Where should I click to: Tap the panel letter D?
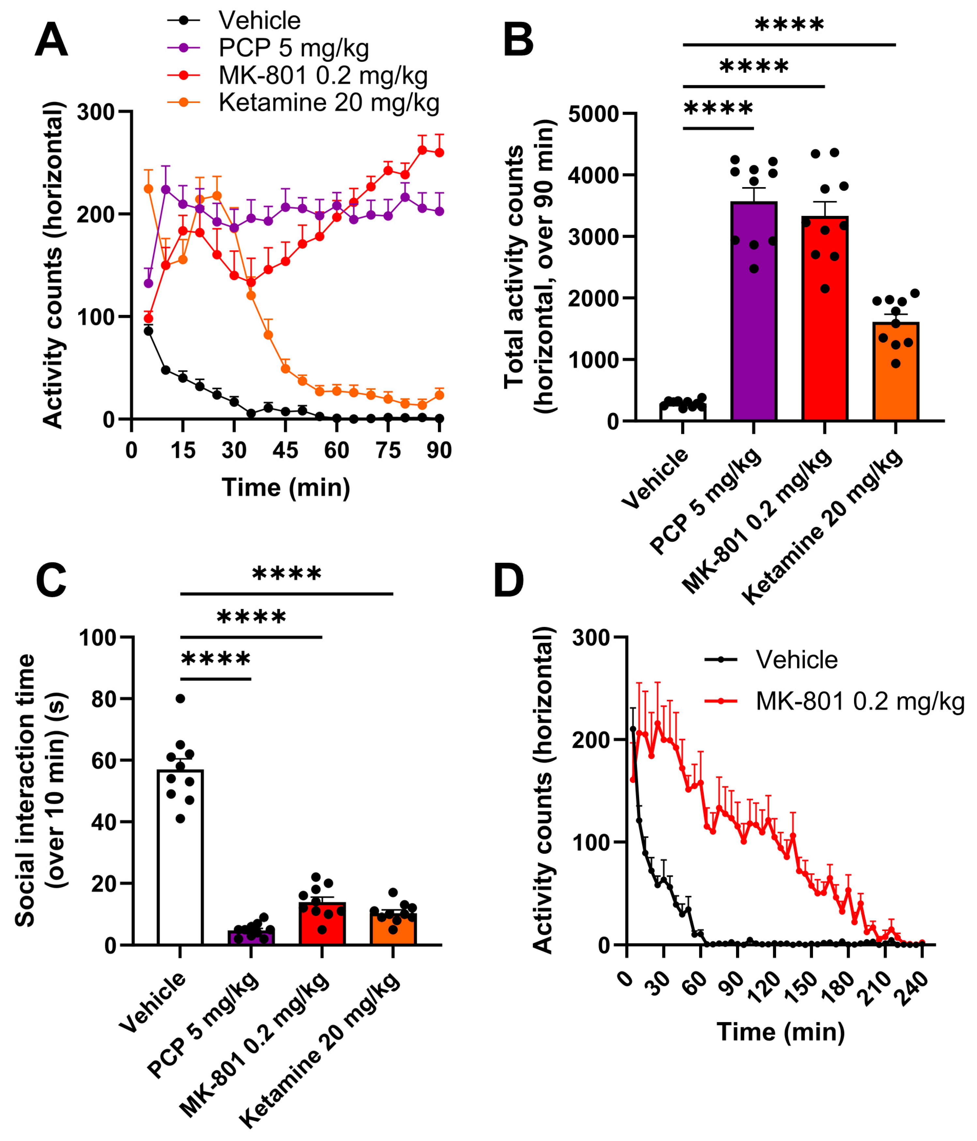tap(508, 580)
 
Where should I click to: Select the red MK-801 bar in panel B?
tap(824, 319)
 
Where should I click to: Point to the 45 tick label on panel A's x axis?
tap(285, 451)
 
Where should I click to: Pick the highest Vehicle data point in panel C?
tap(180, 698)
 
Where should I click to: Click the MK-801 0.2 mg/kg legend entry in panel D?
tap(859, 701)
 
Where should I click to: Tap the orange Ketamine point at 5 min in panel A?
tap(148, 189)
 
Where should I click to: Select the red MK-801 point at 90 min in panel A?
tap(439, 153)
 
